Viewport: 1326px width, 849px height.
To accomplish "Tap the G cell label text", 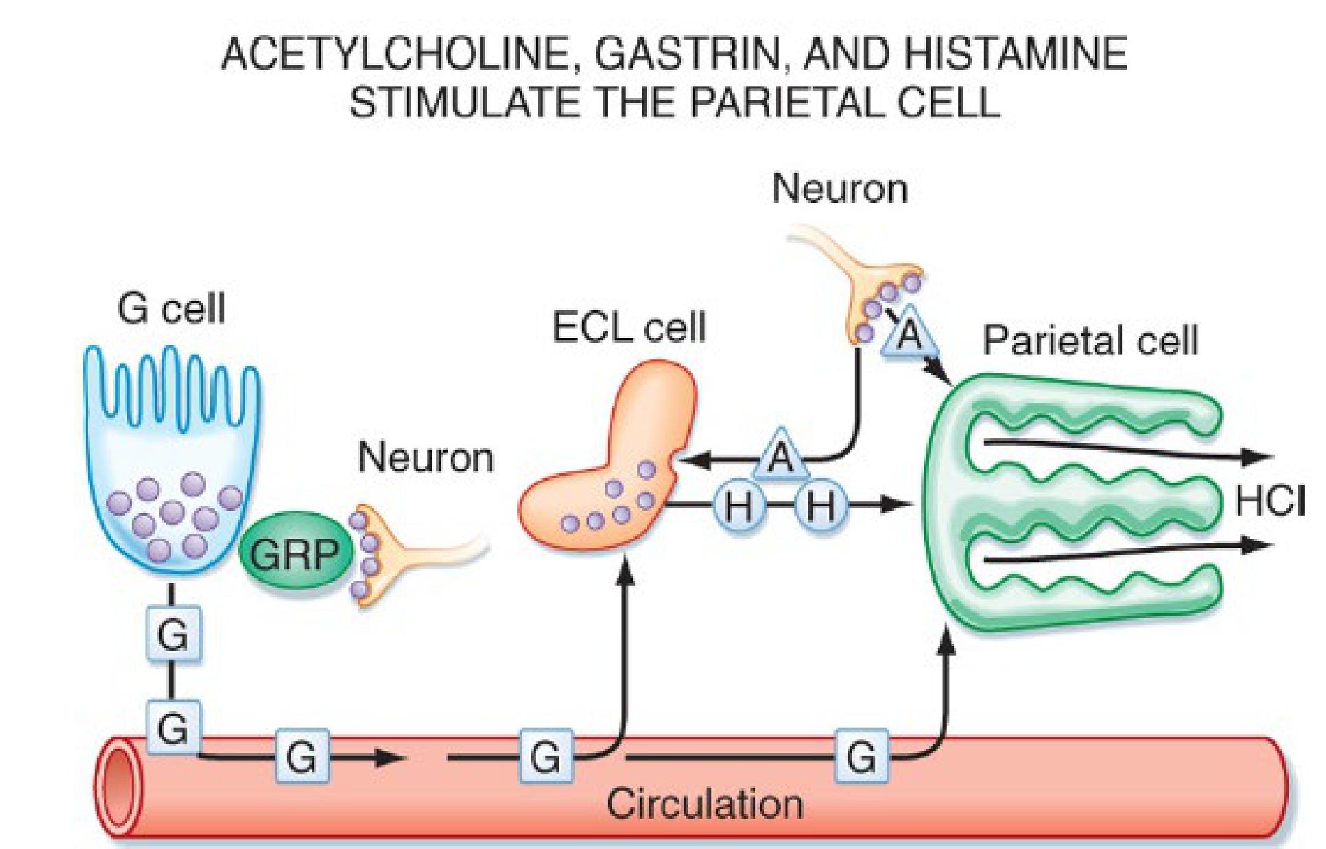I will (x=171, y=309).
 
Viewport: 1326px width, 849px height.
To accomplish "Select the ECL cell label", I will (x=628, y=328).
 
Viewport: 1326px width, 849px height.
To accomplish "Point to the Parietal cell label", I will (x=1090, y=339).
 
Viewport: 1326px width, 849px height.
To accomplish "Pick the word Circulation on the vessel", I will (x=705, y=804).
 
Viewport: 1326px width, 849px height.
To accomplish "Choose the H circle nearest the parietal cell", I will (x=820, y=507).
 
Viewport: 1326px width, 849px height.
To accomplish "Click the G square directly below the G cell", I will (x=172, y=634).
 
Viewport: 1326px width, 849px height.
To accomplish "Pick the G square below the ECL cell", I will (x=545, y=757).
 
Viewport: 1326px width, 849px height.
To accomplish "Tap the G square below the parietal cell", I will (x=862, y=757).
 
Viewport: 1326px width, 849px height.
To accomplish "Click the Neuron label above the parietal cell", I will (x=840, y=188).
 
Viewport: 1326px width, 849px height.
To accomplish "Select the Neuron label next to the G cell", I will (x=425, y=457).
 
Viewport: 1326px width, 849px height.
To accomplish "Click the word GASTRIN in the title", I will (x=685, y=54).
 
